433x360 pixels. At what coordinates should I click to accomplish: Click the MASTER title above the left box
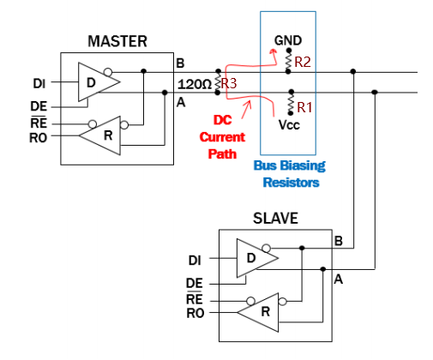[117, 41]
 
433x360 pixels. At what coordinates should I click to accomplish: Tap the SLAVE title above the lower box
[275, 219]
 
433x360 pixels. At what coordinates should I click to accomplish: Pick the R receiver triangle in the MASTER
[99, 135]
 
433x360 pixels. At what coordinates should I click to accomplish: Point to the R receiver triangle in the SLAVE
[258, 312]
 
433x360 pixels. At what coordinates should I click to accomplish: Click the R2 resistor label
[303, 62]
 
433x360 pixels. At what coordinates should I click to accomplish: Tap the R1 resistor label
[304, 107]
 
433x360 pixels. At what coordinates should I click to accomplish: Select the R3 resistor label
[229, 83]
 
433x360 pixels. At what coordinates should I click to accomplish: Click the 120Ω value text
[195, 84]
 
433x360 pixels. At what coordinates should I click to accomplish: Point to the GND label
[288, 40]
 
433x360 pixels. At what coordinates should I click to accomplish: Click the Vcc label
[289, 125]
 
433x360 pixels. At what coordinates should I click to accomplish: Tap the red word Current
[222, 137]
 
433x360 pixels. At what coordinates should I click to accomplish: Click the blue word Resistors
[291, 183]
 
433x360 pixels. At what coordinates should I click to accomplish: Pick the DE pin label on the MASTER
[39, 106]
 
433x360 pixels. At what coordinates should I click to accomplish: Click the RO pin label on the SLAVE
[195, 313]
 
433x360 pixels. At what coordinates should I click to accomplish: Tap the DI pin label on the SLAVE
[195, 261]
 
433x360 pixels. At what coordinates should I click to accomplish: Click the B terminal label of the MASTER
[180, 63]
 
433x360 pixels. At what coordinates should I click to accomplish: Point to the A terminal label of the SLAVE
[339, 279]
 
